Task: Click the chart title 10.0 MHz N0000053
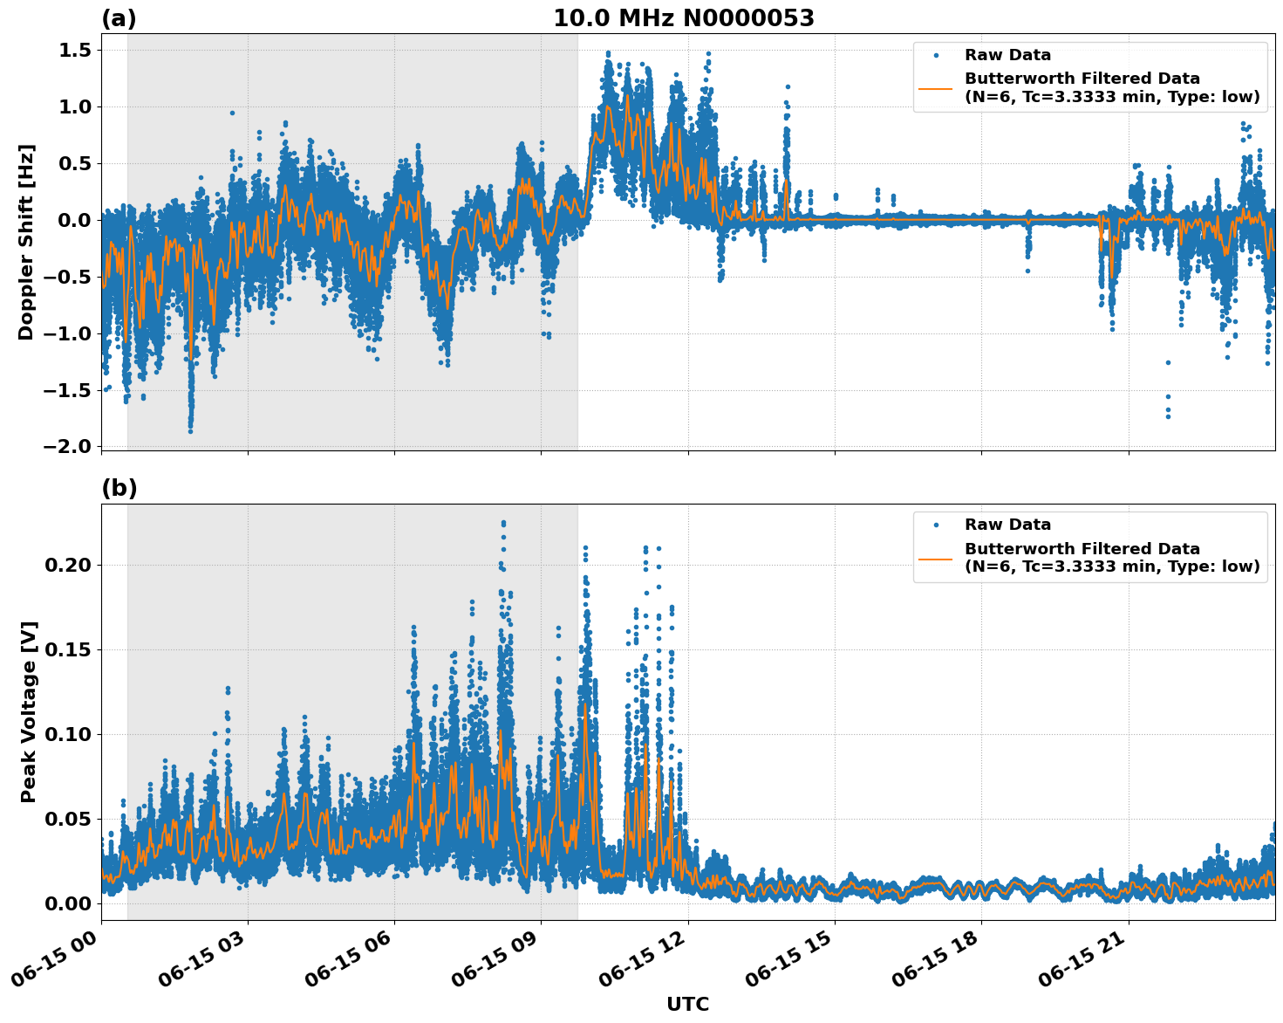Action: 684,18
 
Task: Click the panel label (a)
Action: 119,18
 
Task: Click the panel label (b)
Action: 119,488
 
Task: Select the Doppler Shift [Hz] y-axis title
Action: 26,242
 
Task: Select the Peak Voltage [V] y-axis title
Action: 29,711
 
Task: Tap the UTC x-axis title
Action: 687,1004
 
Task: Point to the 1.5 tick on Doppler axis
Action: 75,51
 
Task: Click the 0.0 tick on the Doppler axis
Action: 75,220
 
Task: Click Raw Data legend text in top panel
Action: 1007,55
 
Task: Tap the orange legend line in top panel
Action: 936,87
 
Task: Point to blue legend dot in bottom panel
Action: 936,525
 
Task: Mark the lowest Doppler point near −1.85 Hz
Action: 190,430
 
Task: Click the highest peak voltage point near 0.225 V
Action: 503,523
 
